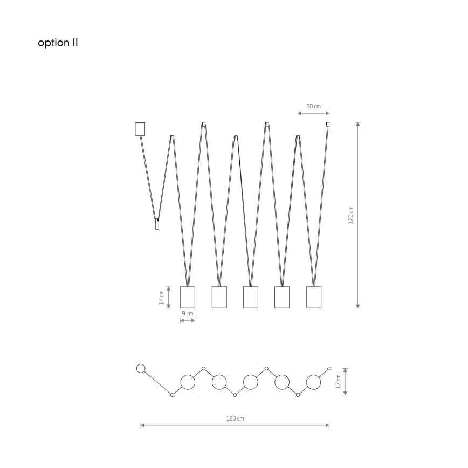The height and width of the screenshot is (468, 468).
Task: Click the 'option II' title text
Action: click(58, 43)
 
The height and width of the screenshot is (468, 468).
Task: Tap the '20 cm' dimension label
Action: click(313, 106)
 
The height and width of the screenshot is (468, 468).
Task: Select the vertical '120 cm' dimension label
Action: click(350, 215)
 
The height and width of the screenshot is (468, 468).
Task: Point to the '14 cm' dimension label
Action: click(161, 297)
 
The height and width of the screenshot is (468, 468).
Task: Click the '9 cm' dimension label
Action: click(188, 313)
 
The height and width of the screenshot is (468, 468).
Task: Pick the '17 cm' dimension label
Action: click(338, 381)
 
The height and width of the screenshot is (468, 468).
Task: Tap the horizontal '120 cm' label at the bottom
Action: click(235, 418)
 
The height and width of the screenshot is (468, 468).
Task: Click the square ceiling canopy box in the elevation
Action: click(140, 129)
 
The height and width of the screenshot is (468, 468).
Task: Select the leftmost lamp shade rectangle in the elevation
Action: click(188, 297)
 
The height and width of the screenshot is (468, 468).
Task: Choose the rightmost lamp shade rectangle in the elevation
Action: click(314, 297)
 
